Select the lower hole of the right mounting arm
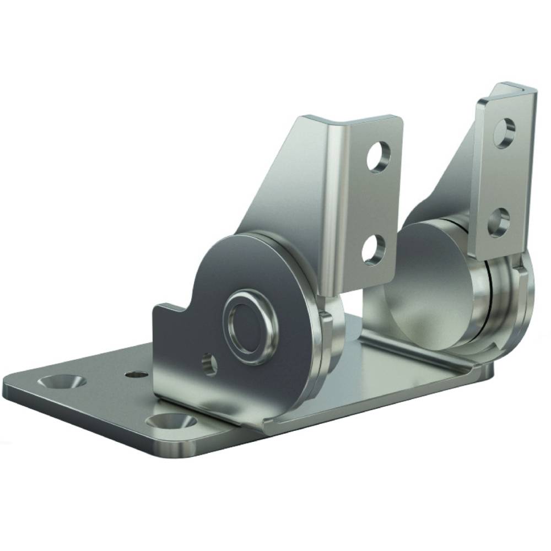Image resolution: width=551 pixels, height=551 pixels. [498, 221]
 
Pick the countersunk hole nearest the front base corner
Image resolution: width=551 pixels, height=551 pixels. [172, 423]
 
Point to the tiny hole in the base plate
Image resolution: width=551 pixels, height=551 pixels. [132, 374]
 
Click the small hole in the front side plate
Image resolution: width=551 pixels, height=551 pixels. [209, 364]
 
